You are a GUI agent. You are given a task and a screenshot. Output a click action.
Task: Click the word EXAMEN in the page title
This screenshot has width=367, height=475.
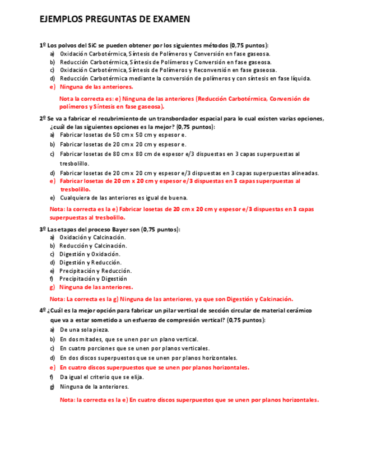click(x=171, y=20)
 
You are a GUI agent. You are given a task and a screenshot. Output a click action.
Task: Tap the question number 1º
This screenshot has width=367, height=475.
click(x=43, y=45)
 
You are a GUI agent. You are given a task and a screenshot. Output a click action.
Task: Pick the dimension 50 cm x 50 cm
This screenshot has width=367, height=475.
click(x=132, y=135)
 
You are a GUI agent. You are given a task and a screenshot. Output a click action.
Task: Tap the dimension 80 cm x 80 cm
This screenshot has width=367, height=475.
click(x=132, y=154)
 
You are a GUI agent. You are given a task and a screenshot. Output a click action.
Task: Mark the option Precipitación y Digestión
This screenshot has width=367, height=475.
click(x=93, y=278)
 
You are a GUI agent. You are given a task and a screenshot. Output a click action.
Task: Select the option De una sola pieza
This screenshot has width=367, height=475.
click(x=84, y=330)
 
